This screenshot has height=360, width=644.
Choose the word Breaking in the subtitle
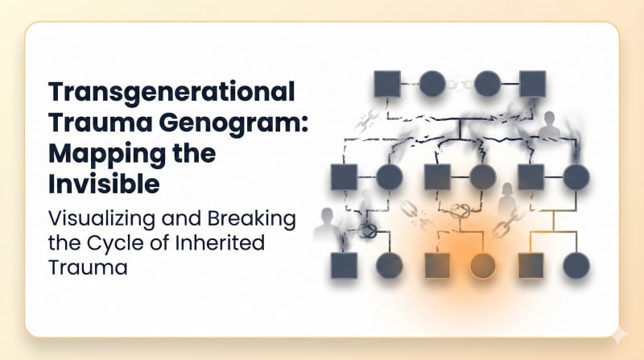tap(254, 218)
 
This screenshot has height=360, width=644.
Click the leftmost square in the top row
tap(388, 84)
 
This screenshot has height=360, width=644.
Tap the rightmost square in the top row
tap(532, 84)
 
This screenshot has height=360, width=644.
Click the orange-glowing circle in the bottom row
tap(482, 265)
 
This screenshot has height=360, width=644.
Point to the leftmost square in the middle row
tap(344, 177)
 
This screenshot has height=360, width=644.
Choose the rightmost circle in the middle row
tap(576, 177)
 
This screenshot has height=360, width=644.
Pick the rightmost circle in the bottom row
tap(576, 265)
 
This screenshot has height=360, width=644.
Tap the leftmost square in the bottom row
tap(344, 265)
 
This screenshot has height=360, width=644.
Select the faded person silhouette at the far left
tap(326, 225)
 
